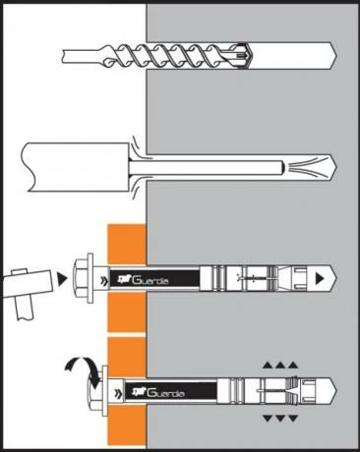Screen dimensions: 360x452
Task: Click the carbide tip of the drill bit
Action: point(244,56)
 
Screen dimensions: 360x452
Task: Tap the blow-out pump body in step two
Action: point(76,167)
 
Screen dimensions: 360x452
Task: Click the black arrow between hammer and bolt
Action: point(62,279)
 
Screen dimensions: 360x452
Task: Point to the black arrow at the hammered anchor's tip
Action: point(320,278)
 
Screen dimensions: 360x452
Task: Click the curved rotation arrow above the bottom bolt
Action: point(82,370)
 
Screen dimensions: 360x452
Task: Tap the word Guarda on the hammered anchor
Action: point(150,280)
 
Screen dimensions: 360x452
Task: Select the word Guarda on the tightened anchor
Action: point(165,392)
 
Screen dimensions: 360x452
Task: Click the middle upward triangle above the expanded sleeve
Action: point(279,366)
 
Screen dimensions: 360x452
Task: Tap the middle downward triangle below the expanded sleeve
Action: point(279,419)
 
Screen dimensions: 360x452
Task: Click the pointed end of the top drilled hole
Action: point(336,55)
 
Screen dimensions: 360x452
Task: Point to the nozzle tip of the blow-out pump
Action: point(282,168)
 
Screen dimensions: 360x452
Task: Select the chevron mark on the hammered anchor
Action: point(104,280)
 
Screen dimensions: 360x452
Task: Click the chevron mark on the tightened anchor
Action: point(118,393)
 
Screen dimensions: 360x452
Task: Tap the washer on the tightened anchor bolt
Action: point(105,391)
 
